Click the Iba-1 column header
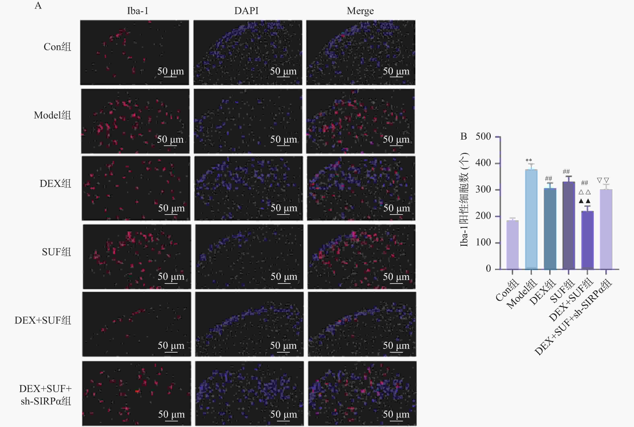click(x=138, y=11)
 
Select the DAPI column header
click(x=246, y=11)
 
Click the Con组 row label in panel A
click(x=57, y=47)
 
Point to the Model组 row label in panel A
click(x=52, y=115)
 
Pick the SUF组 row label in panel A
click(x=56, y=252)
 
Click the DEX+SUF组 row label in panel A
click(x=43, y=320)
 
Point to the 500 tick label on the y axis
click(x=483, y=136)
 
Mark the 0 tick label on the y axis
click(x=488, y=269)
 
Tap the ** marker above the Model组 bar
click(x=529, y=160)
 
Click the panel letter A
click(x=38, y=5)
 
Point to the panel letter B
click(x=464, y=136)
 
